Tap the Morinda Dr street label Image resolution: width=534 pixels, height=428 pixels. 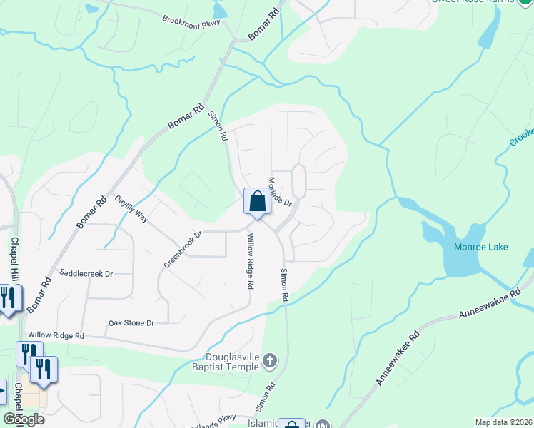tap(280, 191)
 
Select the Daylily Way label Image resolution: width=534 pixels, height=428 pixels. tap(131, 210)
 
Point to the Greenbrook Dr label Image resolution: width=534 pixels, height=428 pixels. tap(183, 248)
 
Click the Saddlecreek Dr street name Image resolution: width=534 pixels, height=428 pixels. tap(86, 273)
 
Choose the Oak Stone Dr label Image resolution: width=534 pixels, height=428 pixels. tap(131, 323)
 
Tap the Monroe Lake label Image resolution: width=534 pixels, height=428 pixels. tap(480, 247)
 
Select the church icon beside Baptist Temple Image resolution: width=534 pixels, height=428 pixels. tap(269, 360)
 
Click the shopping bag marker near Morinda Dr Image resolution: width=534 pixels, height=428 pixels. tap(257, 202)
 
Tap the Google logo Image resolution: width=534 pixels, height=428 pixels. tap(24, 419)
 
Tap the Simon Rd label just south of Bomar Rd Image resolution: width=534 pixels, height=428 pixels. tap(217, 125)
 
